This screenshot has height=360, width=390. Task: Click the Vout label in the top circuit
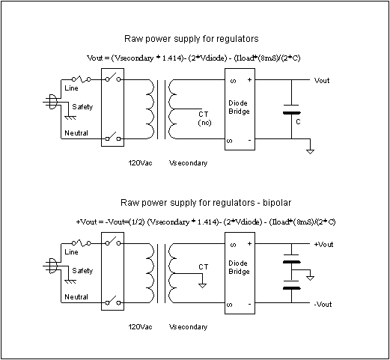[x=322, y=81]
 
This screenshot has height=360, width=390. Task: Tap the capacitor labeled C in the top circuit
[x=291, y=109]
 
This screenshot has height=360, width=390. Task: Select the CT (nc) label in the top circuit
[x=204, y=118]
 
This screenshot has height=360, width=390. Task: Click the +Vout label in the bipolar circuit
[x=323, y=245]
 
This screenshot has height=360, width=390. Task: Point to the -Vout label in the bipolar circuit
[x=323, y=305]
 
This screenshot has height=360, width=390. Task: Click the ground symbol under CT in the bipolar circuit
[x=202, y=286]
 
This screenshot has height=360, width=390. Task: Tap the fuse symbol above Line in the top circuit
[x=82, y=79]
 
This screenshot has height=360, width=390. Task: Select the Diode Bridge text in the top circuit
[x=239, y=107]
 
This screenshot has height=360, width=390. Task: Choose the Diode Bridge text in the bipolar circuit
[x=239, y=267]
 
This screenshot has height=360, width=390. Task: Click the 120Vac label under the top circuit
[x=140, y=163]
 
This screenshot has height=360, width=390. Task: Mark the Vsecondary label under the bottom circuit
[x=188, y=327]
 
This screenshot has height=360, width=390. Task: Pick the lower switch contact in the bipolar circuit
[x=113, y=300]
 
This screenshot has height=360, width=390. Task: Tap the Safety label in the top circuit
[x=82, y=107]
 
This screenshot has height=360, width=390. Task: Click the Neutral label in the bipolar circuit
[x=76, y=297]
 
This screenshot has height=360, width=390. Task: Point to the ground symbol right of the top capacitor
[x=310, y=151]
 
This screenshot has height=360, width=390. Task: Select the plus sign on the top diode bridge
[x=249, y=80]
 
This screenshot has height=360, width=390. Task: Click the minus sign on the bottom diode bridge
[x=249, y=304]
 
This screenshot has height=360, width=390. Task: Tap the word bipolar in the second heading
[x=277, y=203]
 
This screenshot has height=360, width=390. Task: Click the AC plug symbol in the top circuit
[x=51, y=102]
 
